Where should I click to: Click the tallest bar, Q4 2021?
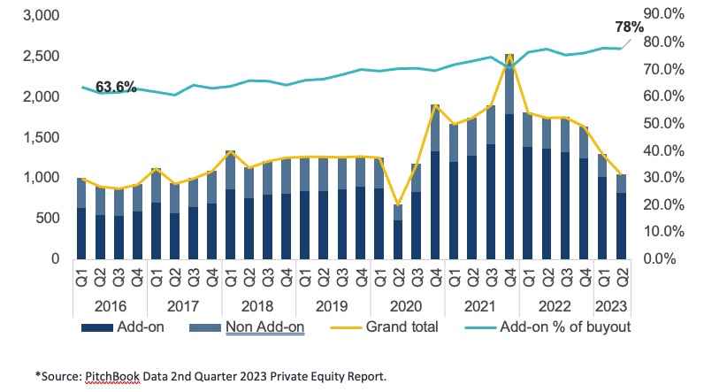tap(509, 159)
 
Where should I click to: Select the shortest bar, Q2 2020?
tap(398, 232)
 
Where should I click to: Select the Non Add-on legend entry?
tap(265, 328)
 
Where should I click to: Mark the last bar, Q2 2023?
tap(621, 217)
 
